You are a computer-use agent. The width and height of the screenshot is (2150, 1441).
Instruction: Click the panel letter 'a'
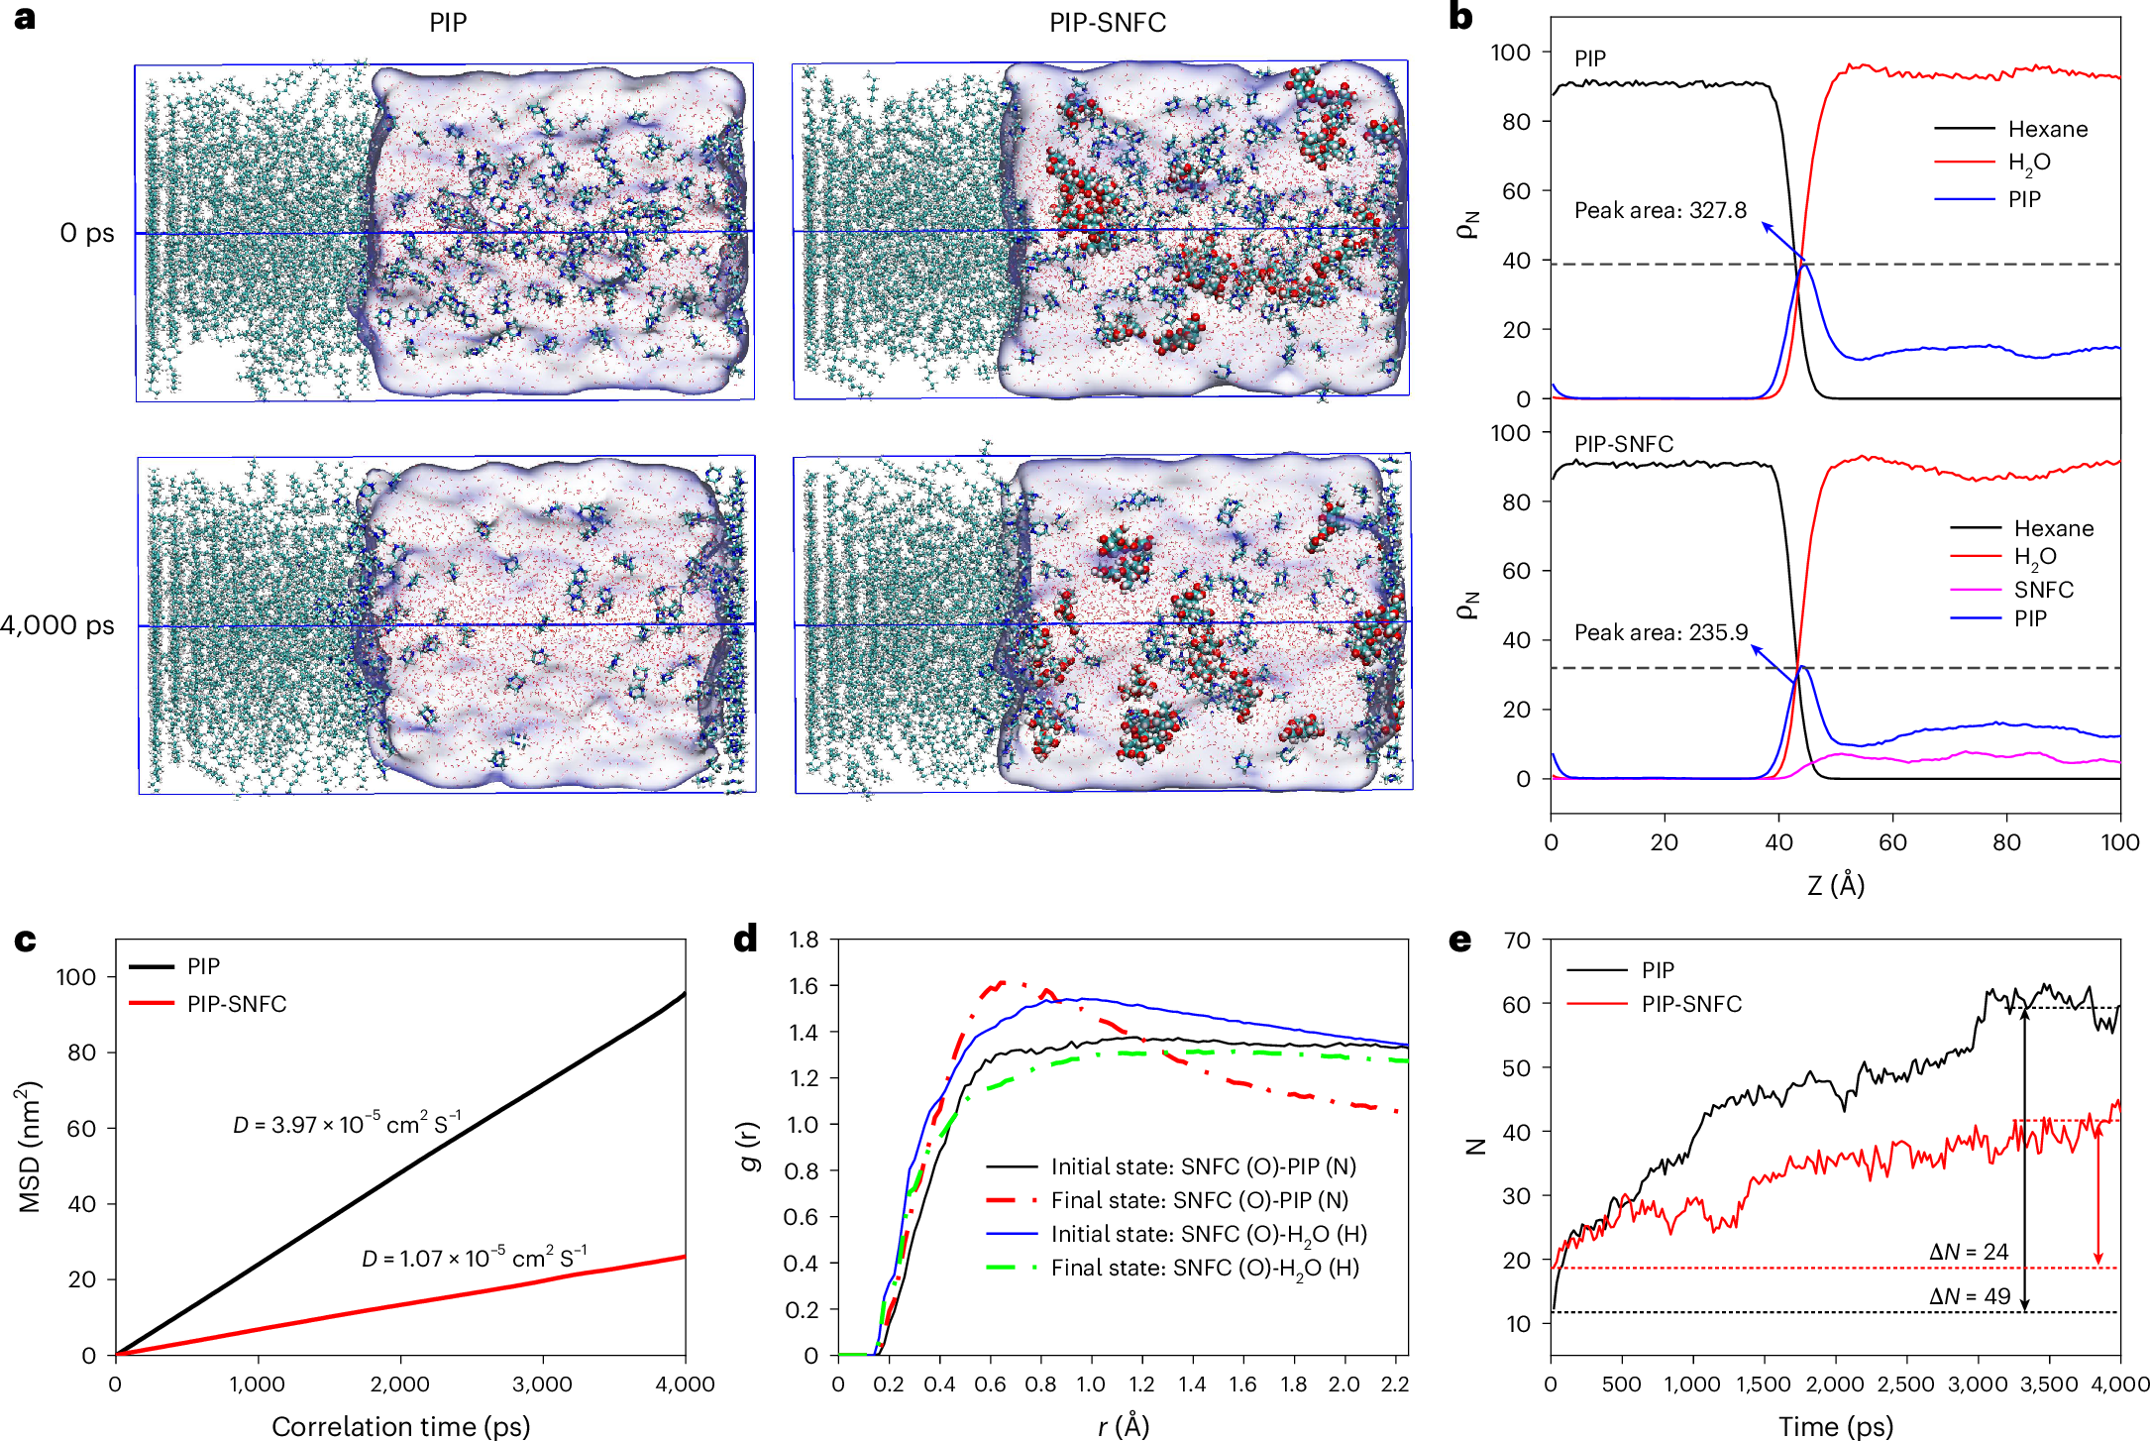pos(24,19)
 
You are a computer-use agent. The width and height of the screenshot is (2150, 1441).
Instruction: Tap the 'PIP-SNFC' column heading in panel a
pos(1107,23)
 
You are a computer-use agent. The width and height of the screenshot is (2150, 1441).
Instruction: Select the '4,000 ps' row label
pos(57,625)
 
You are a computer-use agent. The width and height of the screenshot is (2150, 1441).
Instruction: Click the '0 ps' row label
pos(87,233)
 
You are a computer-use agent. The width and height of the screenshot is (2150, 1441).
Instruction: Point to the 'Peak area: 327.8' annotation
pos(1660,210)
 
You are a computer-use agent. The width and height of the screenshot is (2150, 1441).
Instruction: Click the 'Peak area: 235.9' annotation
pos(1661,632)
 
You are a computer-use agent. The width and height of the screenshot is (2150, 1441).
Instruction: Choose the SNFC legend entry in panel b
pos(2043,590)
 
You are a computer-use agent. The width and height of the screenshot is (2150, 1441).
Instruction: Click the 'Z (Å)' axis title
pos(1836,884)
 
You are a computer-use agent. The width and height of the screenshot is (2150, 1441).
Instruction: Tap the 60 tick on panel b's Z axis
pos(1892,842)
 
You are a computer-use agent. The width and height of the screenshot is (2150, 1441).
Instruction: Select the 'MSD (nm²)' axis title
pos(30,1146)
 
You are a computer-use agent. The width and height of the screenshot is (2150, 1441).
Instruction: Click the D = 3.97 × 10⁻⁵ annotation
pos(347,1124)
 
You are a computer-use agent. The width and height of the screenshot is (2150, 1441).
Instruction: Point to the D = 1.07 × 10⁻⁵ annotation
pos(474,1258)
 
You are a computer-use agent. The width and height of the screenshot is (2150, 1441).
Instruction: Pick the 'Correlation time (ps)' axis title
pos(400,1426)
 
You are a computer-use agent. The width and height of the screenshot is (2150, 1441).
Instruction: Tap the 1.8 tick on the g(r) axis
pos(804,940)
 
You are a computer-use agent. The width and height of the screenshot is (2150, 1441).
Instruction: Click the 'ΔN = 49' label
pos(1970,1296)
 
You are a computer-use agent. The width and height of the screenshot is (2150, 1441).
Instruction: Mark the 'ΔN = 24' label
pos(1969,1252)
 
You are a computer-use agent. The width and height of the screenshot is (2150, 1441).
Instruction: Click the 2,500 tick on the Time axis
pos(1906,1384)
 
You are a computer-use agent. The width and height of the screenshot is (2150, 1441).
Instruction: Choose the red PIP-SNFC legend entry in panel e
pos(1690,1004)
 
